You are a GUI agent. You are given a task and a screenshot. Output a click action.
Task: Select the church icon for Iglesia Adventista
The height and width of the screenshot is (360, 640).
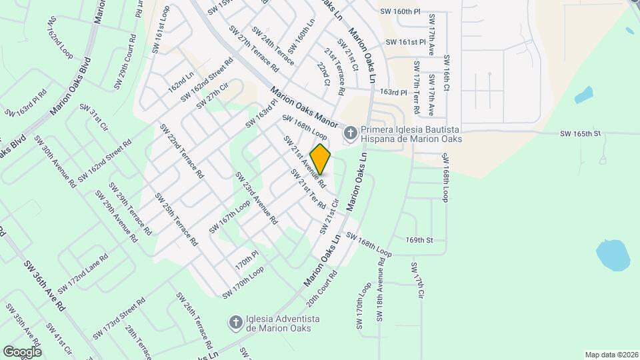point(235,323)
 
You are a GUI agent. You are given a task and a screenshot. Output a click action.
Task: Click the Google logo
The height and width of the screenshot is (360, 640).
point(22,351)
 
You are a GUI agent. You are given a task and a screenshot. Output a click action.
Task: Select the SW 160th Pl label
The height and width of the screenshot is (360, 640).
point(400,12)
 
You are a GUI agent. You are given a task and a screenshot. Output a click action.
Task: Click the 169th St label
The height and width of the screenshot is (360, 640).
point(420,239)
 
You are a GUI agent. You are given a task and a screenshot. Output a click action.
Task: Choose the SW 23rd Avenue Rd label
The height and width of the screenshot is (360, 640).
point(255,198)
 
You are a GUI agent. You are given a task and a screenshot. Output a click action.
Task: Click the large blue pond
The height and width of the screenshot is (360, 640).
point(613,255)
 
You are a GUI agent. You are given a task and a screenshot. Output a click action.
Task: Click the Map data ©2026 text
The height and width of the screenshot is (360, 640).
point(610,355)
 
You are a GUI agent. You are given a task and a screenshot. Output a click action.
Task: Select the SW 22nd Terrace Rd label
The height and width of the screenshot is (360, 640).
point(181,151)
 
